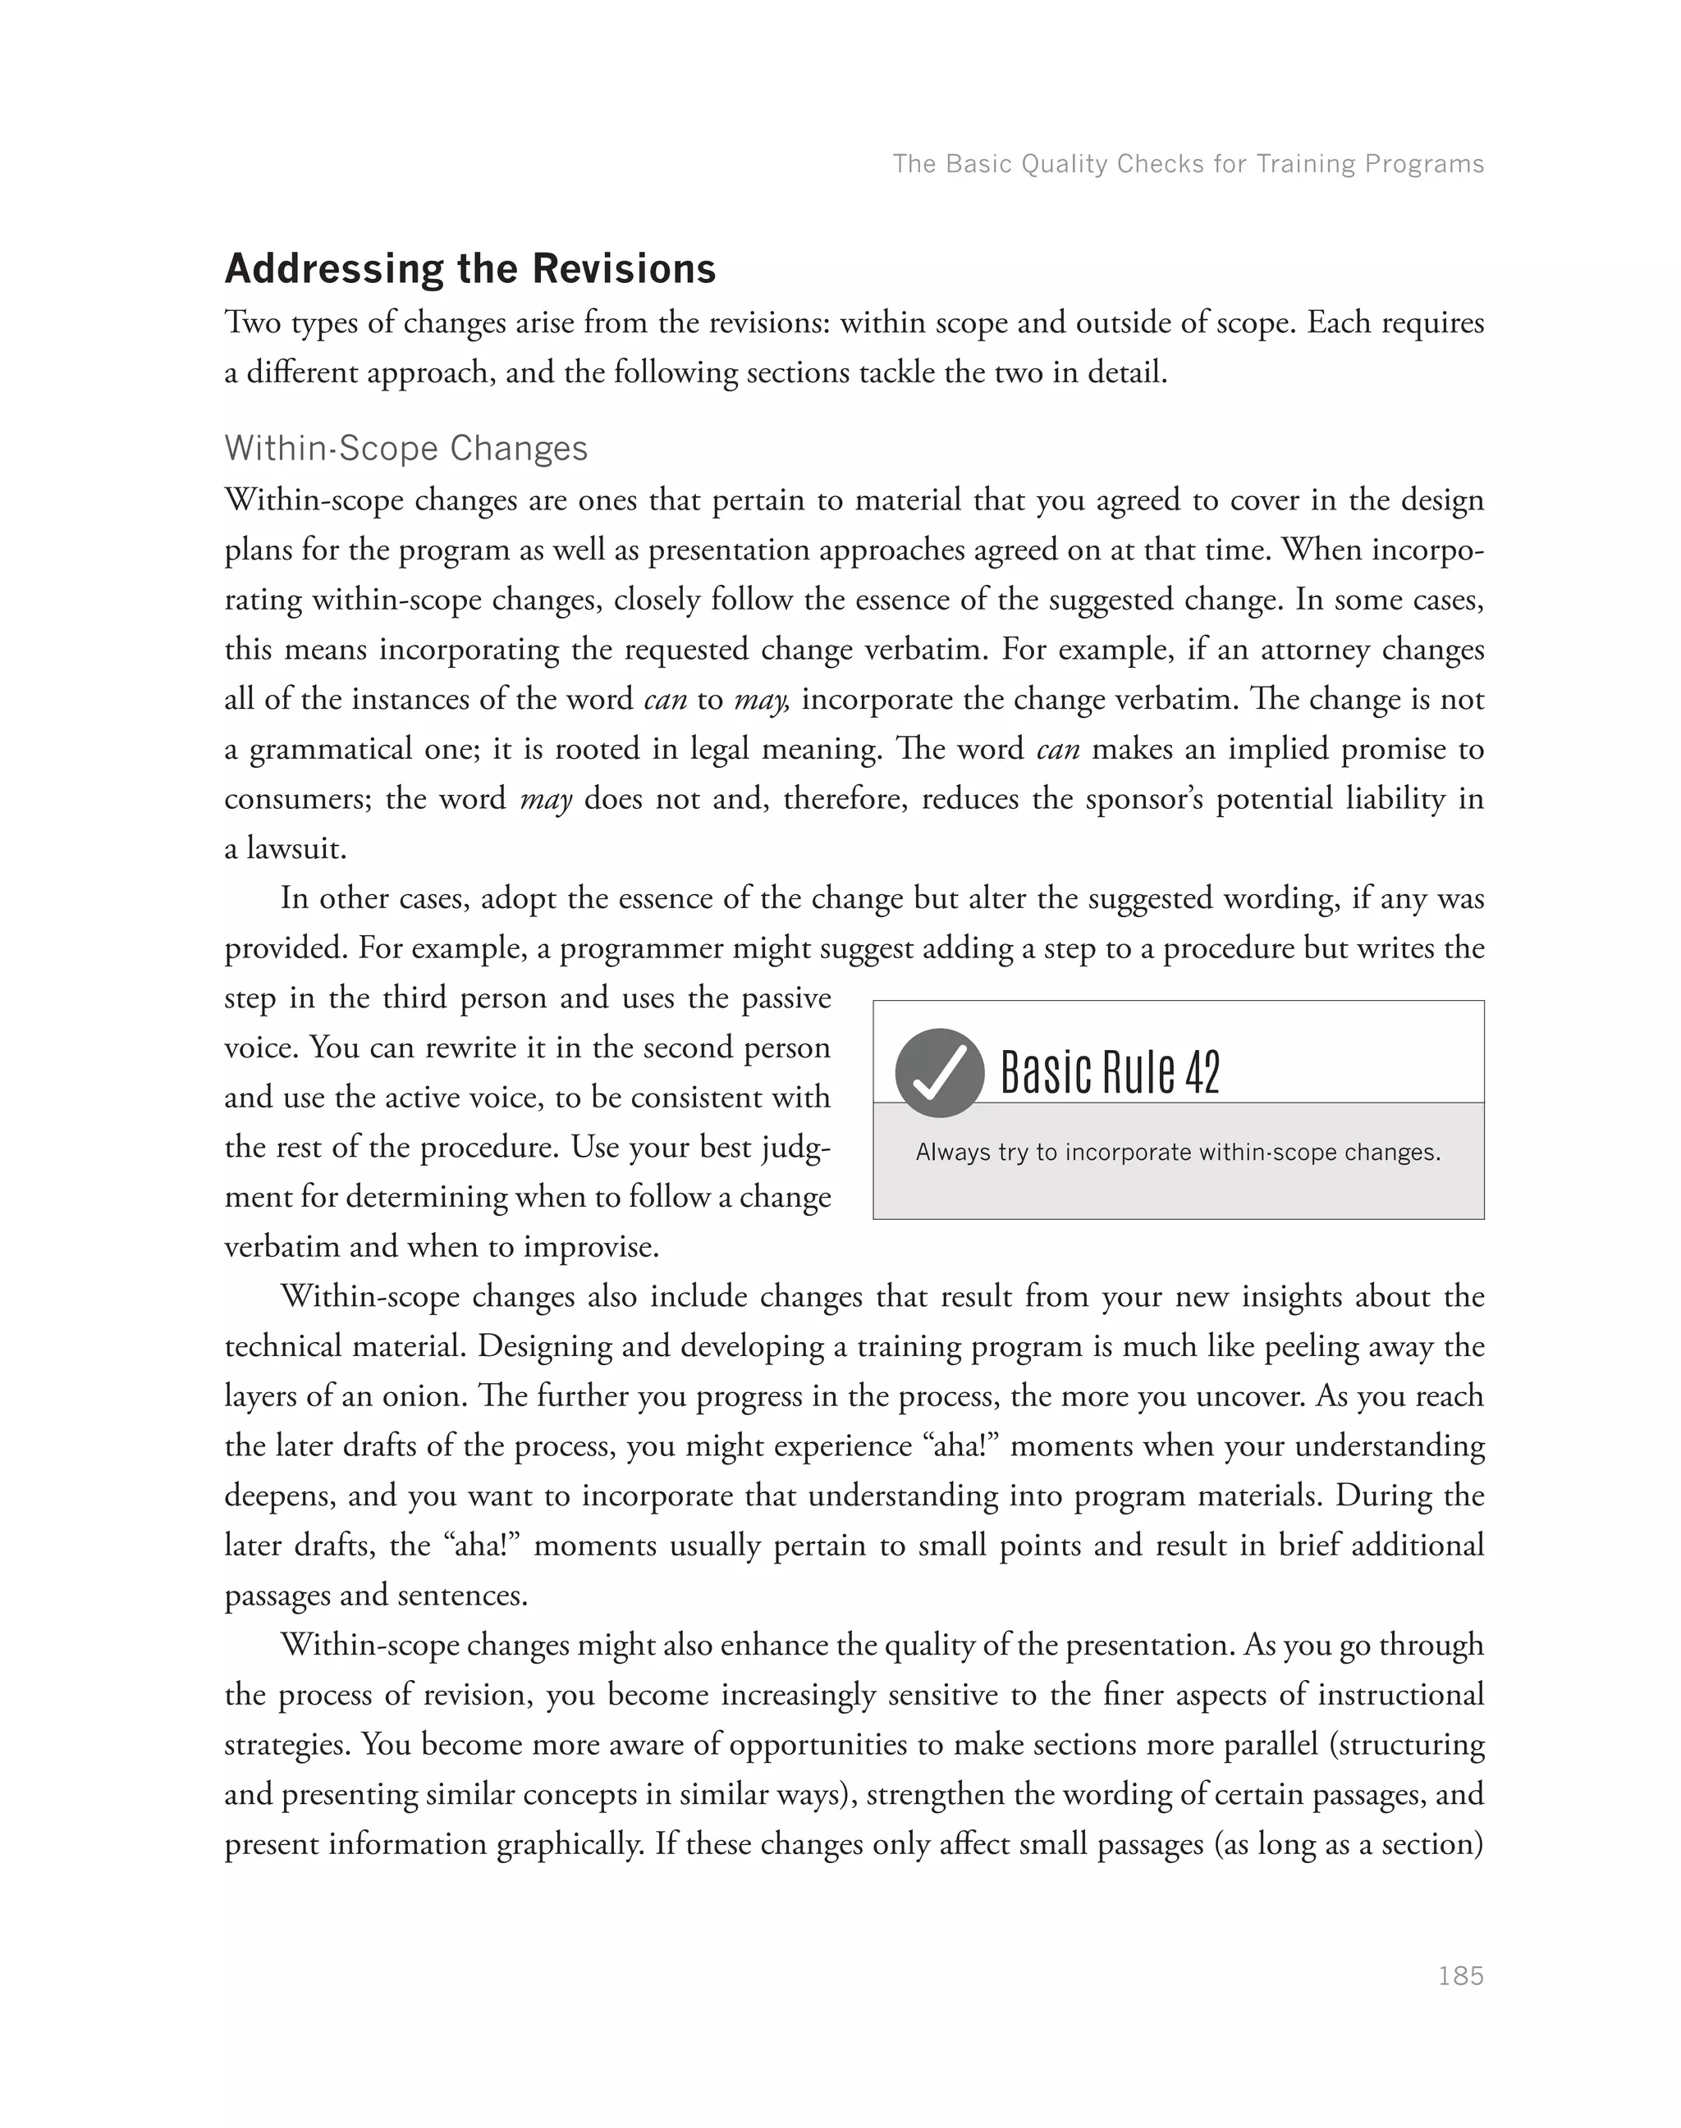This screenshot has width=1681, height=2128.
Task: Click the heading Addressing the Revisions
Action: pos(470,268)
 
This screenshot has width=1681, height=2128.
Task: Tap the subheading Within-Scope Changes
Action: pos(405,448)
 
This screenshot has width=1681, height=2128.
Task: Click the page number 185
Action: pos(1459,1975)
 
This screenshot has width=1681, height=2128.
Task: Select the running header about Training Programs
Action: pos(1187,163)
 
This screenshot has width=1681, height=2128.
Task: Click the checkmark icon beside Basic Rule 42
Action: pos(939,1072)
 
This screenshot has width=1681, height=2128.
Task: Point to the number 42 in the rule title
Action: pos(1202,1072)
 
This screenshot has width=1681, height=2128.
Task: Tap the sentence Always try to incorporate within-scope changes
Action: pos(1177,1152)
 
